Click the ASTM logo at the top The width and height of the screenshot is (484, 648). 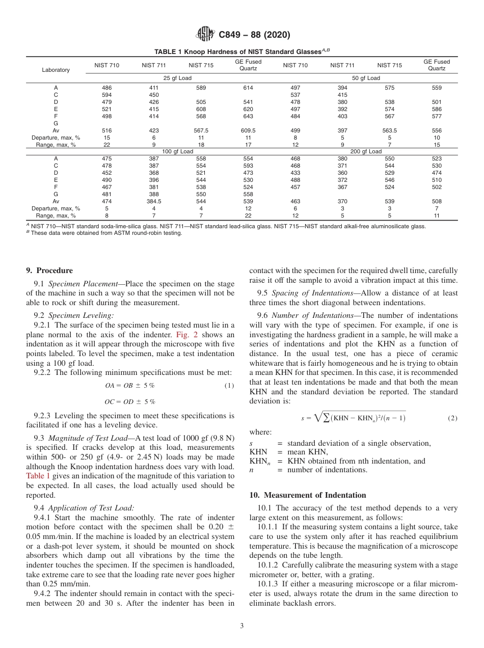tap(205, 35)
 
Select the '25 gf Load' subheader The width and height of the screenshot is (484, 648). tap(177, 78)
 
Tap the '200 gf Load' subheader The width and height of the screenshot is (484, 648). tap(366, 151)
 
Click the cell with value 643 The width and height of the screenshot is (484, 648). tap(248, 116)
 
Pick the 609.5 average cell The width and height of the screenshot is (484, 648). tap(248, 130)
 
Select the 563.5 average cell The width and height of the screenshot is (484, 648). tap(389, 130)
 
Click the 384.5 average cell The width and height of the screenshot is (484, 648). tap(154, 201)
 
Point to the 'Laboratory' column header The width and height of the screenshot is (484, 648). tap(56, 70)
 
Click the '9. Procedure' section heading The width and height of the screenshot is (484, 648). tap(49, 271)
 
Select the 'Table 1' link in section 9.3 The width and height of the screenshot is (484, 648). tap(38, 476)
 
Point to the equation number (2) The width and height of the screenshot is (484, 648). tap(452, 418)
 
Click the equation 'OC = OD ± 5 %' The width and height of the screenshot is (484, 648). tap(130, 401)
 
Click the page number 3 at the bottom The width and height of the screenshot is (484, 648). tap(241, 626)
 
